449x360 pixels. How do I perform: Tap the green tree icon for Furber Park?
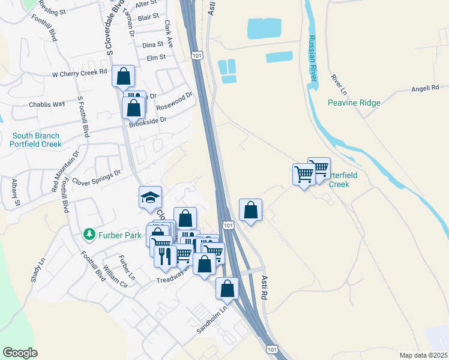tap(89, 233)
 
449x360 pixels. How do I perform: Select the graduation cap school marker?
tap(150, 197)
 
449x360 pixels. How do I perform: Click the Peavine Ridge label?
tap(354, 103)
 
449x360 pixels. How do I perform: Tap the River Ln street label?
tap(340, 85)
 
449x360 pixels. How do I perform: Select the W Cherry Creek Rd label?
tap(79, 73)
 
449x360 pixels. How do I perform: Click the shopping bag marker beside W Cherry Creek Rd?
tap(123, 76)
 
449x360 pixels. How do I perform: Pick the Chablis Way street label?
tap(47, 104)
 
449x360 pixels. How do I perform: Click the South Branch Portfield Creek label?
tap(36, 140)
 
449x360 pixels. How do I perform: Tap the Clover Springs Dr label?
tap(96, 176)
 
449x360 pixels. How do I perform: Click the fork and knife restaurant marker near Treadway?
tap(165, 256)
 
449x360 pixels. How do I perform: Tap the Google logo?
tap(20, 352)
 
